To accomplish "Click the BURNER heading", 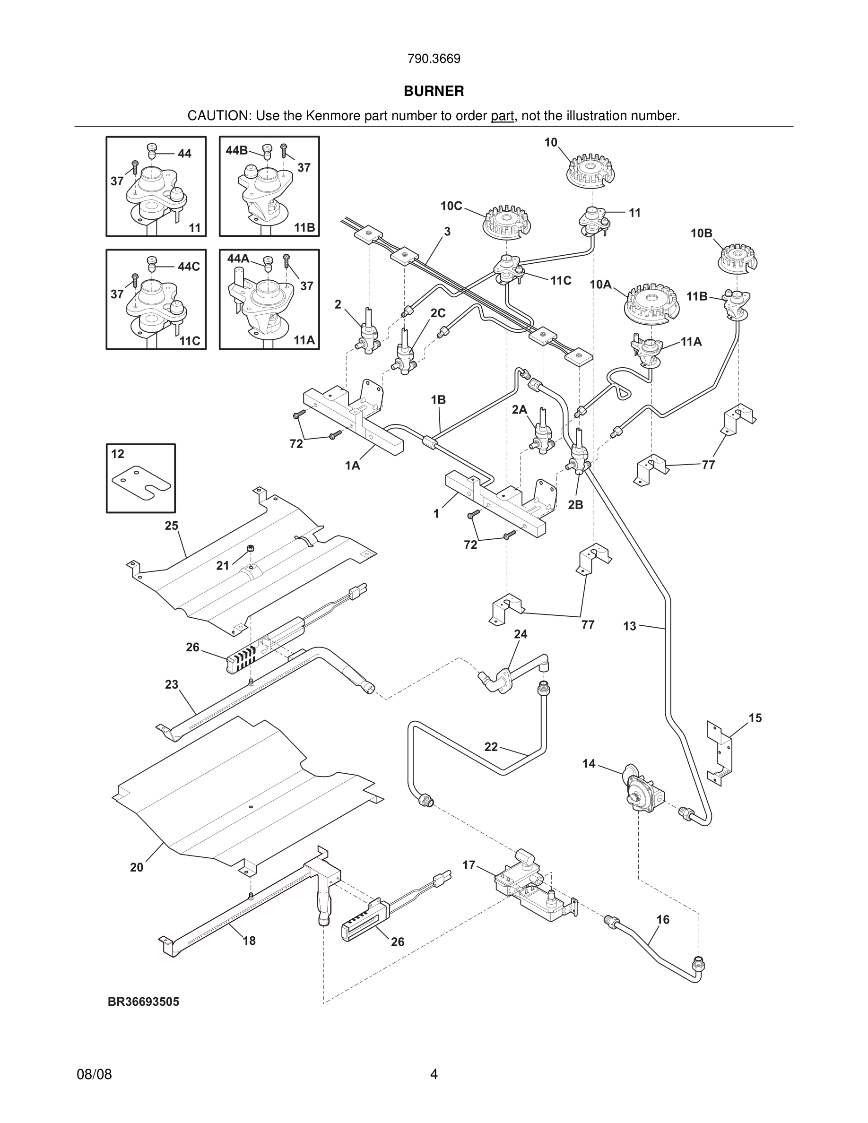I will pyautogui.click(x=434, y=91).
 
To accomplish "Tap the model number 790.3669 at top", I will pyautogui.click(x=434, y=59).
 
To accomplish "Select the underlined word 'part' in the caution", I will pyautogui.click(x=502, y=116).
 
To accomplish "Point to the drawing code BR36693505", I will pyautogui.click(x=143, y=1002).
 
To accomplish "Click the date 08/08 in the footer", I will pyautogui.click(x=94, y=1074).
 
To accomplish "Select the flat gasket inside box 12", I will pyautogui.click(x=141, y=482).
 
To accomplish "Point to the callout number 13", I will pyautogui.click(x=629, y=626).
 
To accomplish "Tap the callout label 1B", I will pyautogui.click(x=438, y=399).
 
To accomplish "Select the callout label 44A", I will pyautogui.click(x=238, y=259).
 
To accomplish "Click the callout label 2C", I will pyautogui.click(x=438, y=313).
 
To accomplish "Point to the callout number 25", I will pyautogui.click(x=171, y=526).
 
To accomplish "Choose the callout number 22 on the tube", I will pyautogui.click(x=491, y=747).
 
